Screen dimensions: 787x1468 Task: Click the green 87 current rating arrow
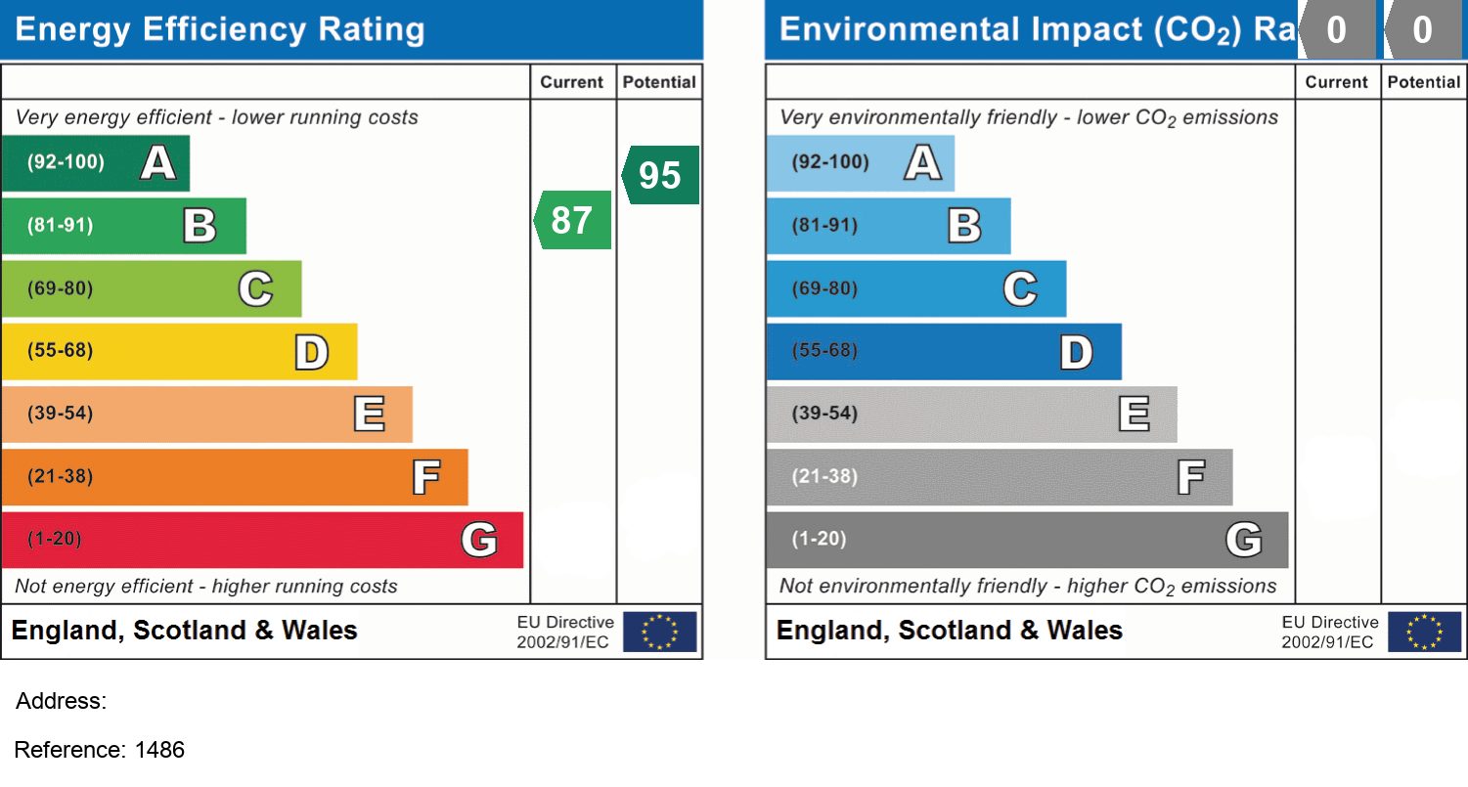573,220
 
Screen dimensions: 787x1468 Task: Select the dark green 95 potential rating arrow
661,175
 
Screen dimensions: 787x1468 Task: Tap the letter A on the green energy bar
158,162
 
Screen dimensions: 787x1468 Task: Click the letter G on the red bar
479,539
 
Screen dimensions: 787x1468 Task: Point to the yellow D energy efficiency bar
179,351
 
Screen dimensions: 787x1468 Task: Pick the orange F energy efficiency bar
235,477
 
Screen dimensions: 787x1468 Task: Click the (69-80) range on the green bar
61,288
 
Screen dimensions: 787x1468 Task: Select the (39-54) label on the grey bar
825,414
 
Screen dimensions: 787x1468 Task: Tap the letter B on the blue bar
964,226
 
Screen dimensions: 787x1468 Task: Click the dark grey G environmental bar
1027,539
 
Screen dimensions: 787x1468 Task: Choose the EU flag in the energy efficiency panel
660,632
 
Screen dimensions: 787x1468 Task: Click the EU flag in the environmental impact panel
1425,632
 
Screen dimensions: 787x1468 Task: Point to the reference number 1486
160,750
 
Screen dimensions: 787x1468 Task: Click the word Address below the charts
61,701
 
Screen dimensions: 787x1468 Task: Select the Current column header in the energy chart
572,82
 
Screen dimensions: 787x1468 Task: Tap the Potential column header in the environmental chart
1424,82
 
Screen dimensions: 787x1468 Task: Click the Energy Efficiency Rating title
220,30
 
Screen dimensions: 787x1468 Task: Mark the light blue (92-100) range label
830,162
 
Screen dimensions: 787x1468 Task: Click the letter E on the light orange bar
369,415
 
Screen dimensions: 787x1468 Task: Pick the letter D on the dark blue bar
1076,352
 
